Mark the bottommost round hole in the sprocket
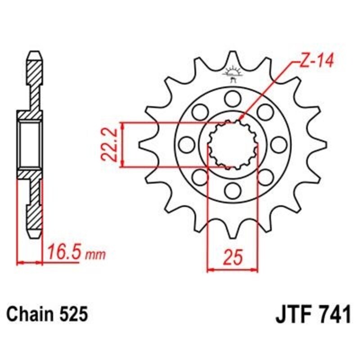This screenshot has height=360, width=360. coord(233,190)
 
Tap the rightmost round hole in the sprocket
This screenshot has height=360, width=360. coord(279,144)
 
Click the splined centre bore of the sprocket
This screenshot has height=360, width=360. coord(233,144)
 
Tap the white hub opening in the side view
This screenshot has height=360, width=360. coord(31,144)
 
